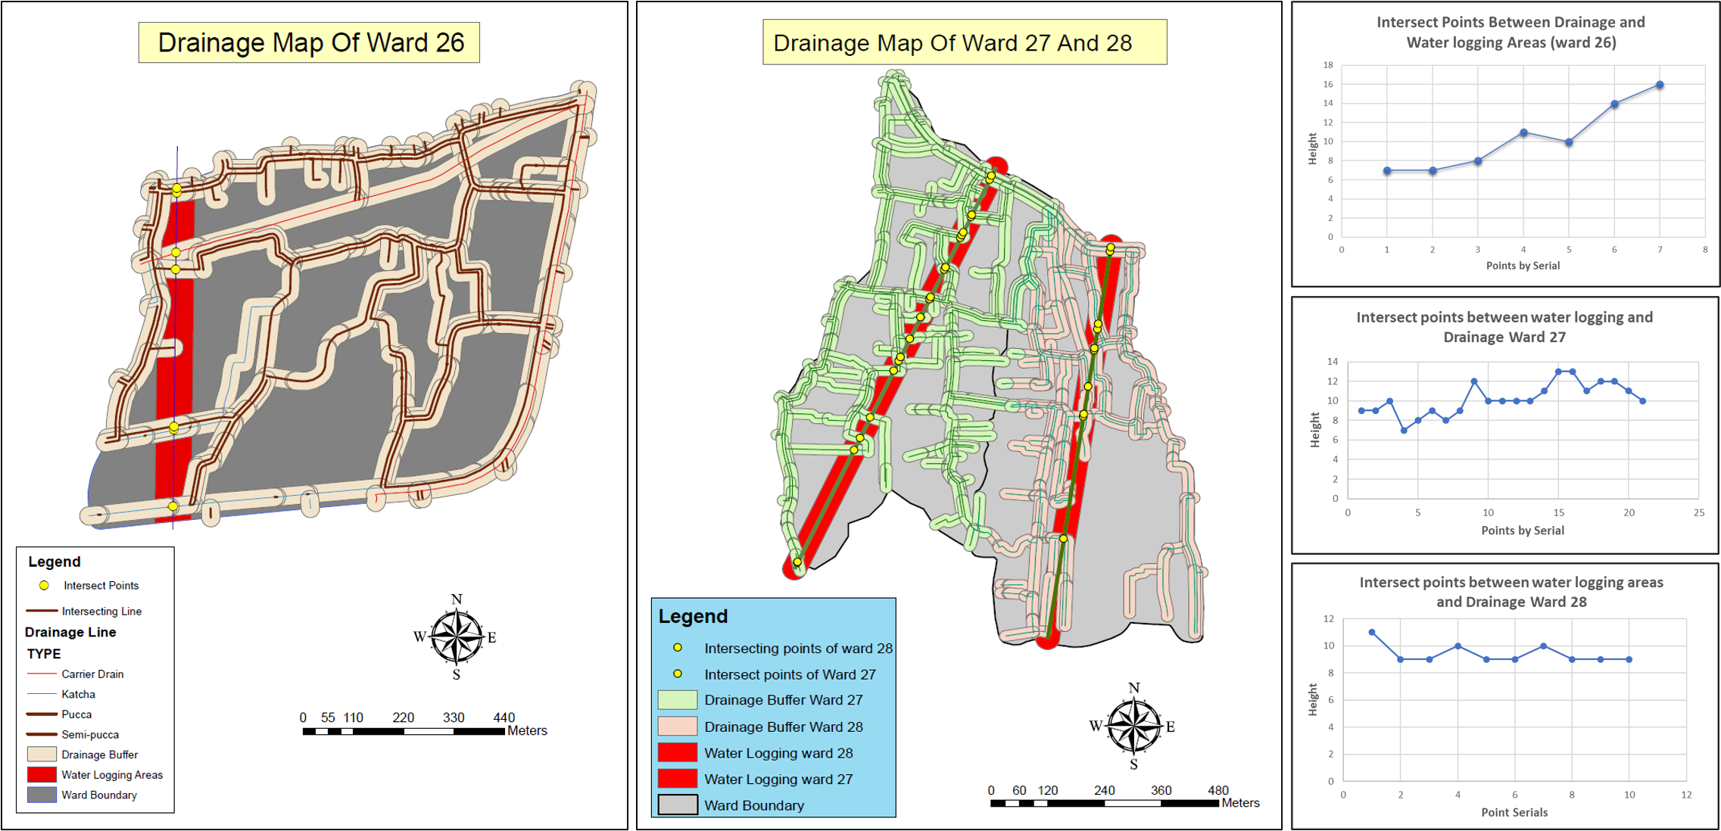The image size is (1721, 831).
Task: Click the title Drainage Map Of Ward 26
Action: click(x=309, y=42)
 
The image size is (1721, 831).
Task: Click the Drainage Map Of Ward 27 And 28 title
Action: click(x=952, y=43)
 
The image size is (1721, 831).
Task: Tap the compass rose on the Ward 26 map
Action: click(x=456, y=637)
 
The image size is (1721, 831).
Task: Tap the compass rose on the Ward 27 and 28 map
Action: click(x=1133, y=726)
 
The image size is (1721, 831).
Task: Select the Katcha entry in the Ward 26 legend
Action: click(x=78, y=694)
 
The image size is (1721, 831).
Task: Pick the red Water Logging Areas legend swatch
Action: click(x=42, y=774)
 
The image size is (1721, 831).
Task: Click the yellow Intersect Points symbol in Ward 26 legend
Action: click(x=44, y=585)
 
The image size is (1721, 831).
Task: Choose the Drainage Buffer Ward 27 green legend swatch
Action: click(x=677, y=700)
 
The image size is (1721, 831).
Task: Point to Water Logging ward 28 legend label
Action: click(x=778, y=753)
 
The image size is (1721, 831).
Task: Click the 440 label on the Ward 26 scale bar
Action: click(x=504, y=717)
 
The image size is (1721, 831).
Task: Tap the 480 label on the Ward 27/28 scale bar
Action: click(x=1217, y=790)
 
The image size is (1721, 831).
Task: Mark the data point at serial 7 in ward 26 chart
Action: click(x=1660, y=85)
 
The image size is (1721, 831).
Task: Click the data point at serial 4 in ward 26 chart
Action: click(x=1523, y=132)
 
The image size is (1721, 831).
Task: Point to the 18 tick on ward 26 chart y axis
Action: click(x=1328, y=65)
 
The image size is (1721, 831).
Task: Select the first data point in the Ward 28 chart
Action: click(x=1372, y=632)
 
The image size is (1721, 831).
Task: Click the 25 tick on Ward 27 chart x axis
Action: click(x=1699, y=512)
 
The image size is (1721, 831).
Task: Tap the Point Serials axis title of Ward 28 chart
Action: click(x=1514, y=812)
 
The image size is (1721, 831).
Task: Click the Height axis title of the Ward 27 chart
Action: click(x=1314, y=430)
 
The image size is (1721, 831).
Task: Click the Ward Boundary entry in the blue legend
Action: click(x=753, y=805)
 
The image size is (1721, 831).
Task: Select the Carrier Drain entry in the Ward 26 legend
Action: click(x=92, y=674)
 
